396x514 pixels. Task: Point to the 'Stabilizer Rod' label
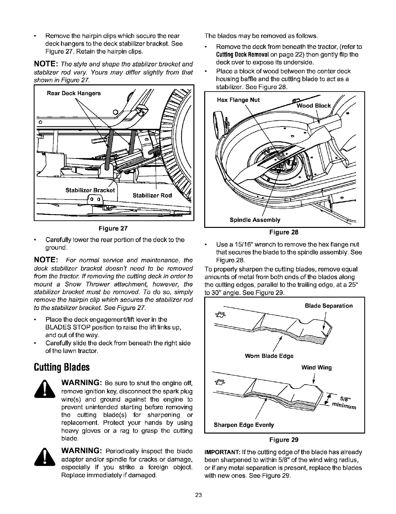click(152, 196)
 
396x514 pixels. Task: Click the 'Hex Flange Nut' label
click(238, 100)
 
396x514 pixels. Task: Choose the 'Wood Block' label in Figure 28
click(314, 106)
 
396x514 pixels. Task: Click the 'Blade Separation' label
click(329, 306)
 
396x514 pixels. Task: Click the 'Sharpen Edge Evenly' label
click(243, 425)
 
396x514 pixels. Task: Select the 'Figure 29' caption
click(284, 439)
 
